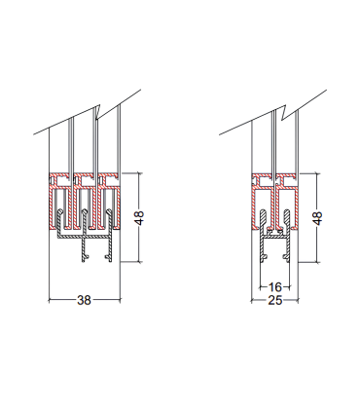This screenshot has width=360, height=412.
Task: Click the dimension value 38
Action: tap(84, 302)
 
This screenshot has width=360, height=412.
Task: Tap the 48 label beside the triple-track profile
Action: tap(139, 218)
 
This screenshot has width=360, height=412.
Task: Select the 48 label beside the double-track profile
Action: tap(318, 218)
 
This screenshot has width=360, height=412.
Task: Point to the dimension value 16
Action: tap(274, 287)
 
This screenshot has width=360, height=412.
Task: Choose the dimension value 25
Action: tap(274, 302)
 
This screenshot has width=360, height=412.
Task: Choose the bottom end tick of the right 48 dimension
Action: tap(322, 263)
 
